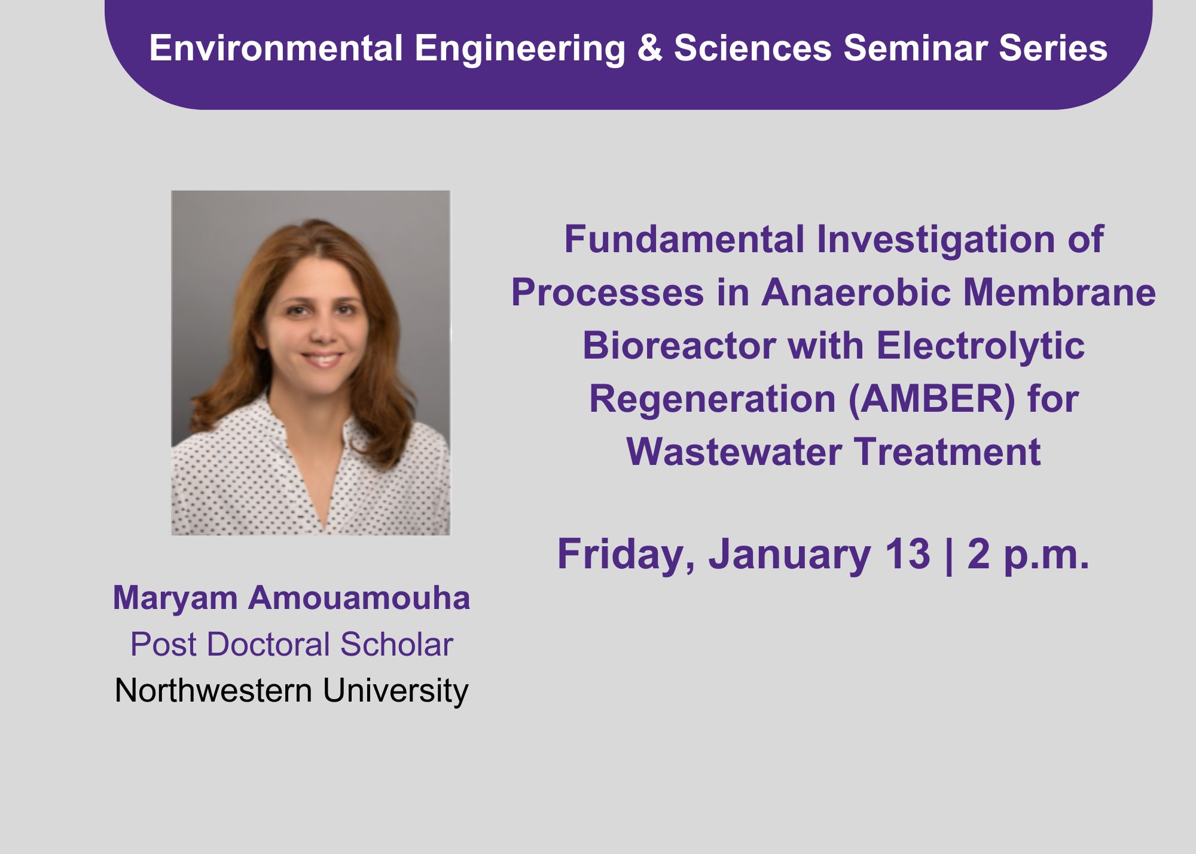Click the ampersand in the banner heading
tap(650, 48)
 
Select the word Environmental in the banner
tap(276, 48)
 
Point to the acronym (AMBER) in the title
tap(932, 399)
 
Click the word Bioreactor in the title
tap(679, 346)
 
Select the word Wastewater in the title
tap(734, 452)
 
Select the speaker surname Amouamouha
tap(359, 598)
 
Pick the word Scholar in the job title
tap(396, 644)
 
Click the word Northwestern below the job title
tap(213, 691)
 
